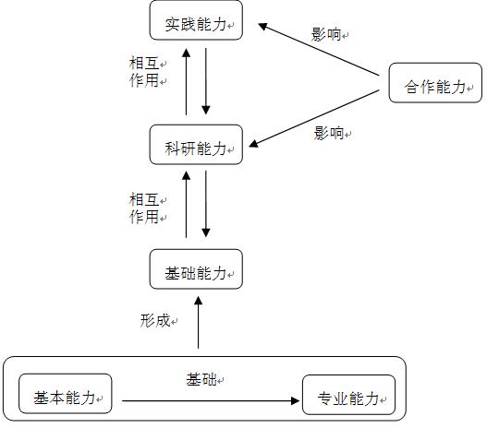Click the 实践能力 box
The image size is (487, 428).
pyautogui.click(x=196, y=20)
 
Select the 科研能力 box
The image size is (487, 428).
pyautogui.click(x=196, y=145)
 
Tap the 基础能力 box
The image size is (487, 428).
pyautogui.click(x=196, y=269)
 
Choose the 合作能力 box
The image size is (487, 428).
pyautogui.click(x=435, y=83)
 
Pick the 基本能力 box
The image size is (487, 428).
pyautogui.click(x=66, y=394)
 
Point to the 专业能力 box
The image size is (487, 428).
pyautogui.click(x=348, y=395)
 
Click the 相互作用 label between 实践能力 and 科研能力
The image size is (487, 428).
pyautogui.click(x=144, y=72)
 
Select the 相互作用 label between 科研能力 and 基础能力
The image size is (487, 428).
pyautogui.click(x=144, y=208)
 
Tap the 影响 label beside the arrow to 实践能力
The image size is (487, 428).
pyautogui.click(x=326, y=34)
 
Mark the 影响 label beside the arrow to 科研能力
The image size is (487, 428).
pyautogui.click(x=329, y=133)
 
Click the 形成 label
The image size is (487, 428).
pyautogui.click(x=155, y=320)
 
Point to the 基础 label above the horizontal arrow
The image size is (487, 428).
pyautogui.click(x=201, y=379)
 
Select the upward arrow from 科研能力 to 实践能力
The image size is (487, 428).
pyautogui.click(x=186, y=81)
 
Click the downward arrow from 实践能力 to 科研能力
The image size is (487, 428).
pyautogui.click(x=206, y=81)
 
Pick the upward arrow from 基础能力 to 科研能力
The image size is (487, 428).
pyautogui.click(x=186, y=205)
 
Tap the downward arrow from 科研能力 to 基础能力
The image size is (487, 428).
pyautogui.click(x=206, y=204)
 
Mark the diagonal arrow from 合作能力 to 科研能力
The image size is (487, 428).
pyautogui.click(x=314, y=118)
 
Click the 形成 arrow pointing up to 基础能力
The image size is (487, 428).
pyautogui.click(x=198, y=323)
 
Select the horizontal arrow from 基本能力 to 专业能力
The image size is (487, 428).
pyautogui.click(x=211, y=400)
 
